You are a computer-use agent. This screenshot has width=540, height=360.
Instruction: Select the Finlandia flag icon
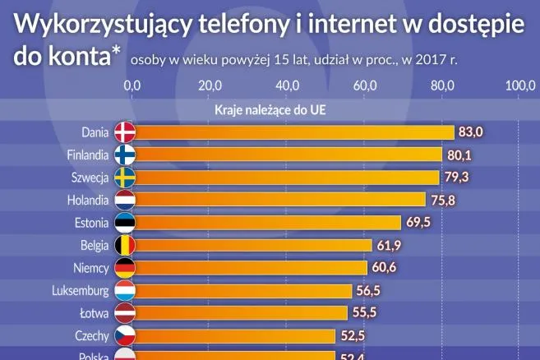[x=124, y=155]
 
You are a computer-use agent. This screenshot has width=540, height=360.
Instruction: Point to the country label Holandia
[x=88, y=200]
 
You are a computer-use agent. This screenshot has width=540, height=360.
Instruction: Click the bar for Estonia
[x=267, y=222]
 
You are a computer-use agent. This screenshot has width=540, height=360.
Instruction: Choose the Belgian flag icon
[x=124, y=245]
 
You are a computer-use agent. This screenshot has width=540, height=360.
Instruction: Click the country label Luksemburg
[x=80, y=290]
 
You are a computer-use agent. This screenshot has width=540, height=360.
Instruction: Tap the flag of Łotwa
[x=124, y=313]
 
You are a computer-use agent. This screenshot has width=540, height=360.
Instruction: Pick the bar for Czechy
[x=234, y=335]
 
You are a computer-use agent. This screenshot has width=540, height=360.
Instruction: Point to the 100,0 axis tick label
[x=519, y=85]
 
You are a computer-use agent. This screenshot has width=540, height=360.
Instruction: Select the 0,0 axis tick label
[x=132, y=85]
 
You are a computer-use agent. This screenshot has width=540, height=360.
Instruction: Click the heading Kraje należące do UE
[x=270, y=109]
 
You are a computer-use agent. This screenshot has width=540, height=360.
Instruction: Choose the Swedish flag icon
[x=124, y=178]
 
